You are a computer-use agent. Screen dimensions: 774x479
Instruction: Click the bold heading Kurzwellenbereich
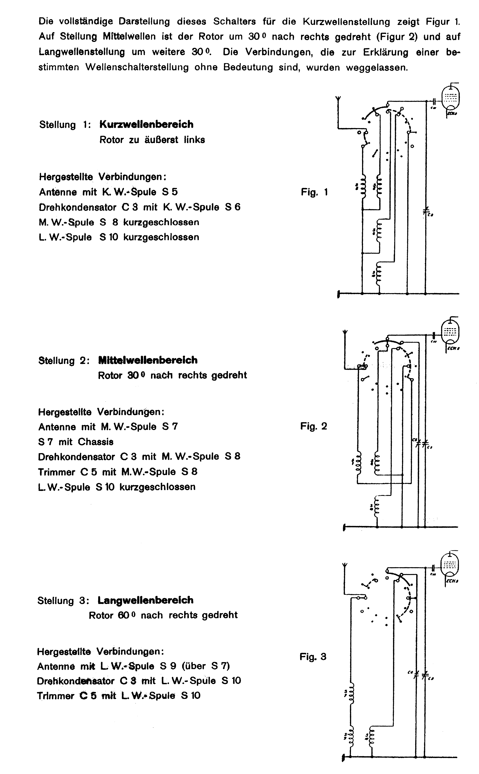click(x=146, y=124)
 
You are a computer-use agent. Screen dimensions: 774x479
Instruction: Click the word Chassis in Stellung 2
click(x=96, y=442)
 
